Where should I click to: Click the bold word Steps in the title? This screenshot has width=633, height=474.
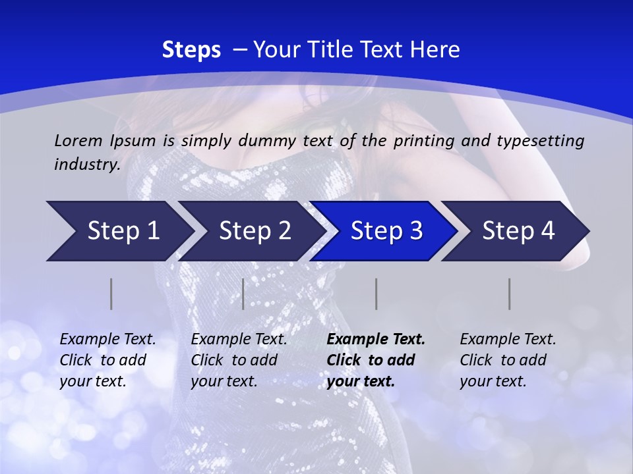click(191, 50)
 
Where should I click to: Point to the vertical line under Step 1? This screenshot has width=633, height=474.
click(111, 294)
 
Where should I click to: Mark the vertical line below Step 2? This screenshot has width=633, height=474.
click(243, 294)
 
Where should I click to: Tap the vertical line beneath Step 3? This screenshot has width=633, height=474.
click(377, 294)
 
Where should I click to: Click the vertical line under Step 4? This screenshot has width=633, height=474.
click(510, 294)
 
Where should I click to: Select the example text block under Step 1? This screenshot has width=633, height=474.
click(107, 360)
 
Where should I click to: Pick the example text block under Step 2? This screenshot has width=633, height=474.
click(239, 360)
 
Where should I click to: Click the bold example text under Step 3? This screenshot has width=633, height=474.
click(376, 360)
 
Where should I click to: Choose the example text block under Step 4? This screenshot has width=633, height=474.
click(508, 360)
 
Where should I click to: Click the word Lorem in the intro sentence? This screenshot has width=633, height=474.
click(78, 140)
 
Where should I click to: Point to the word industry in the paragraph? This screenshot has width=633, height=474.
click(87, 165)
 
